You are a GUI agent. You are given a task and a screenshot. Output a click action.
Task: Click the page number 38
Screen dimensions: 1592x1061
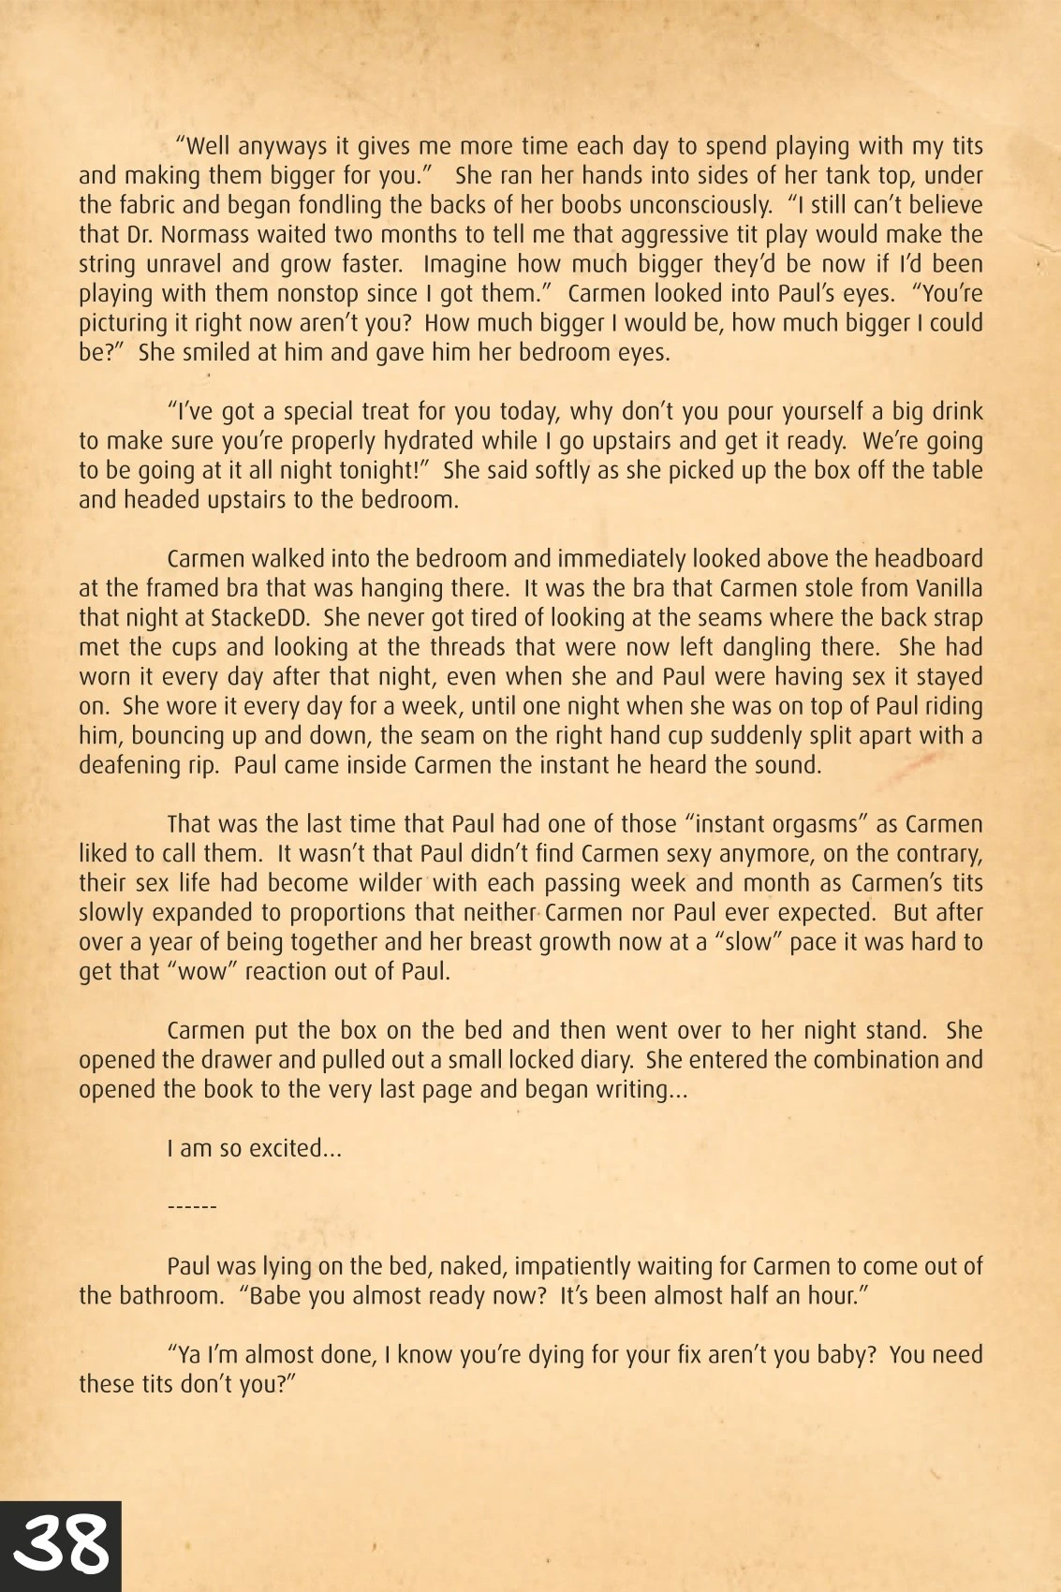61,1544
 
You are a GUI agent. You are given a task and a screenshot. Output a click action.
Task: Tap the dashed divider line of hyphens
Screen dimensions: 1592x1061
191,1207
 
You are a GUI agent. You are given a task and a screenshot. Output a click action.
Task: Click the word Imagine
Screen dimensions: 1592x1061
464,264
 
